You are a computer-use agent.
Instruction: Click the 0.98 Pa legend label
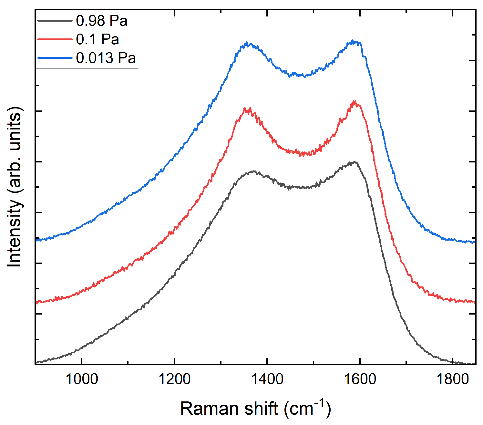[x=102, y=21]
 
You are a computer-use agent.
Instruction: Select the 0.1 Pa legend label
[x=98, y=39]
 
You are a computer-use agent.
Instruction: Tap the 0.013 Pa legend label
[x=106, y=58]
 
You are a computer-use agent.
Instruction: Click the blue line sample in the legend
[x=55, y=58]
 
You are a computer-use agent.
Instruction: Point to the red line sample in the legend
[x=55, y=39]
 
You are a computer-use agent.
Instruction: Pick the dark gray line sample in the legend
[x=55, y=21]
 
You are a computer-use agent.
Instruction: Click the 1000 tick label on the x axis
[x=82, y=379]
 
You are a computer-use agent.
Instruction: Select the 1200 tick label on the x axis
[x=174, y=379]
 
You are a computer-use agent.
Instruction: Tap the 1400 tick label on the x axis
[x=267, y=379]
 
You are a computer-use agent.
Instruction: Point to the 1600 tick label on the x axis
[x=360, y=379]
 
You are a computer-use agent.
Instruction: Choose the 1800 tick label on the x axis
[x=452, y=379]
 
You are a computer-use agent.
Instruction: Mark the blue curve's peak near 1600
[x=353, y=41]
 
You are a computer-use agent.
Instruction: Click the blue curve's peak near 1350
[x=247, y=43]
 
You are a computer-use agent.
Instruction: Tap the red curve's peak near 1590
[x=355, y=101]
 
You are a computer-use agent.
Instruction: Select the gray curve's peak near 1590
[x=354, y=162]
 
